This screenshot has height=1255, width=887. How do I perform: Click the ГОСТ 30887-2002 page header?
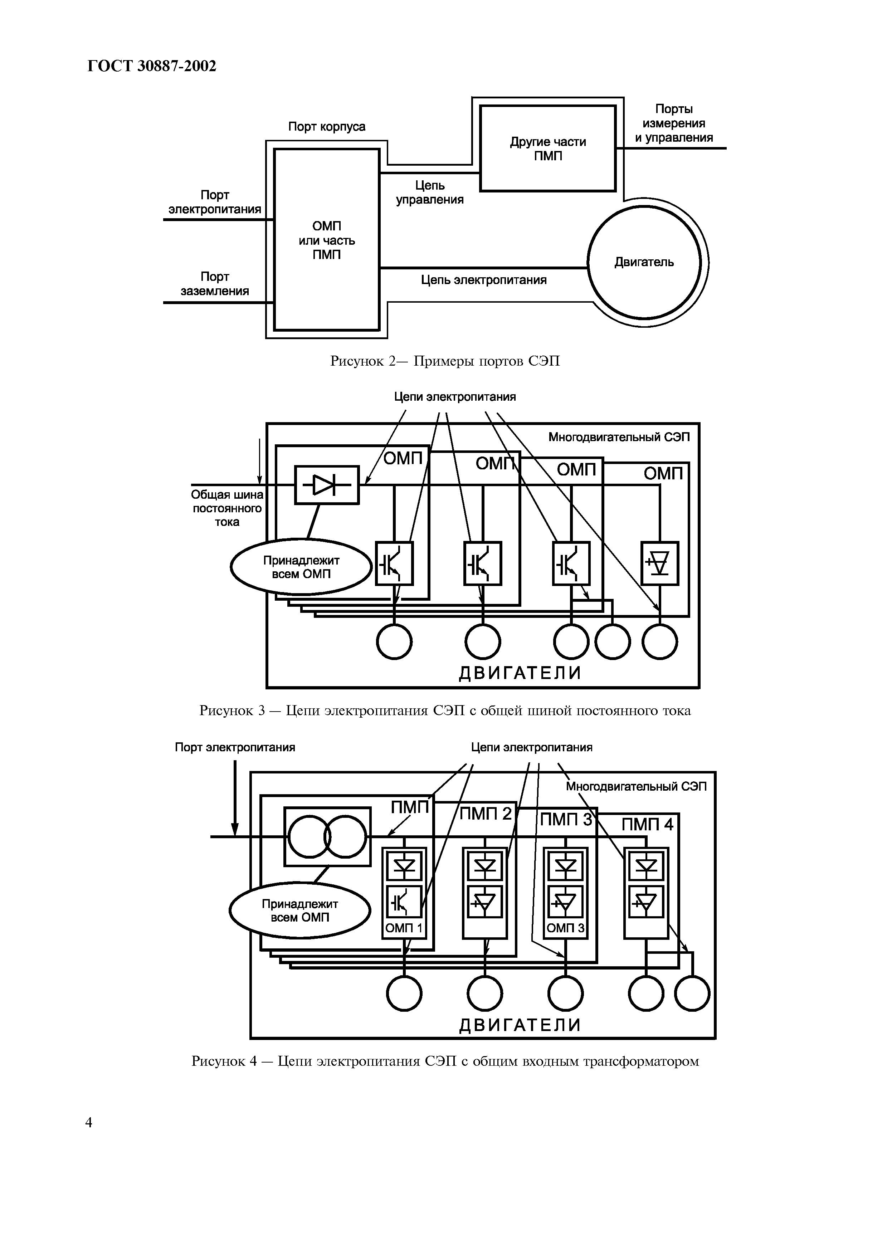click(152, 66)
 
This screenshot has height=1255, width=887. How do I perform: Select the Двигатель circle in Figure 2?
click(644, 262)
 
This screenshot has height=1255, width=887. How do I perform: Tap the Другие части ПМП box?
click(547, 149)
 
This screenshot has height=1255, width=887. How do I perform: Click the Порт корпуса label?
click(327, 127)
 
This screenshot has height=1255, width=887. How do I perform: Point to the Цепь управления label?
click(430, 193)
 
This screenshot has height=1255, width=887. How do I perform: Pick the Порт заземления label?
click(215, 284)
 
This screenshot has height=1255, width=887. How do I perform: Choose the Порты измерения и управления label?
click(674, 123)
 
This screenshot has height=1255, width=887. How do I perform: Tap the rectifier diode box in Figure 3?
click(327, 485)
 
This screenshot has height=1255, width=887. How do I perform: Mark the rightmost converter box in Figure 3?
click(660, 563)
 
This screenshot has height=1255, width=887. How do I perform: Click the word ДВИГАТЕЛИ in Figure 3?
click(520, 673)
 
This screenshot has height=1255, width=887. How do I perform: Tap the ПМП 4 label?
click(648, 824)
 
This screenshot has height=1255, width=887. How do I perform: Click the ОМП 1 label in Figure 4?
click(404, 928)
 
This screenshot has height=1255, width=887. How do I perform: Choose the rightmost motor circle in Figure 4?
click(692, 994)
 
